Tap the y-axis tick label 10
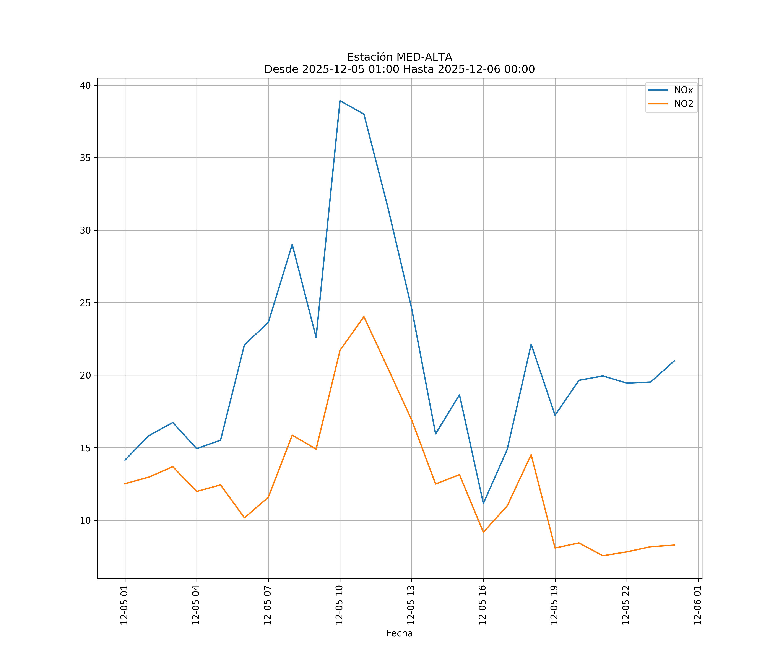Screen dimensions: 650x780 pyautogui.click(x=85, y=520)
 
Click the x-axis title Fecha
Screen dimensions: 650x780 pyautogui.click(x=399, y=633)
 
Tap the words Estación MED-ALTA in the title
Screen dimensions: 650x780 pyautogui.click(x=399, y=57)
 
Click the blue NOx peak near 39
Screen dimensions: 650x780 pyautogui.click(x=340, y=101)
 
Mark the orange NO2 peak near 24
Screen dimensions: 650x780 pyautogui.click(x=364, y=317)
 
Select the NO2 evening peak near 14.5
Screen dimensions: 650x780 pyautogui.click(x=531, y=455)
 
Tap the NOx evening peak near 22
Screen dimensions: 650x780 pyautogui.click(x=531, y=344)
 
